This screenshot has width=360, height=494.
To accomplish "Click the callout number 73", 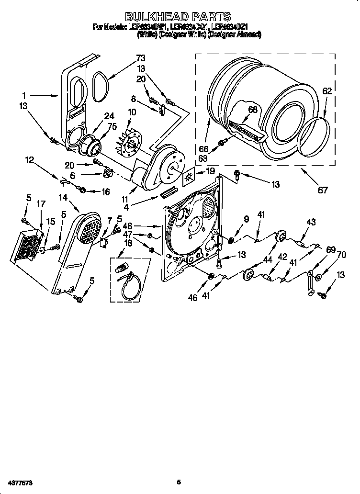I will pyautogui.click(x=140, y=58).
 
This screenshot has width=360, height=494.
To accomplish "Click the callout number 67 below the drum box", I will pyautogui.click(x=323, y=190).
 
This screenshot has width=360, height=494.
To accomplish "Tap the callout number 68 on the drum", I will pyautogui.click(x=252, y=110).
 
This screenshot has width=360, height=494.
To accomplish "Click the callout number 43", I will pyautogui.click(x=311, y=222).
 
